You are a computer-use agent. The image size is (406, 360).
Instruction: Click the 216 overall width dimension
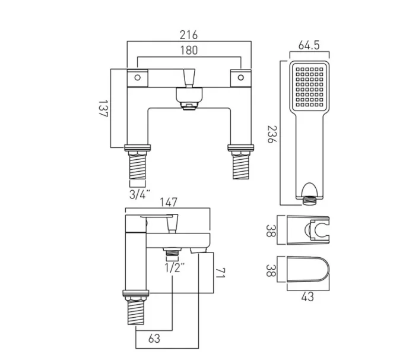(x=189, y=35)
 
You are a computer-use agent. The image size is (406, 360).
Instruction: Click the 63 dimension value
(x=154, y=339)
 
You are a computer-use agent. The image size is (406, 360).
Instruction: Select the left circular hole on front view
(x=137, y=77)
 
